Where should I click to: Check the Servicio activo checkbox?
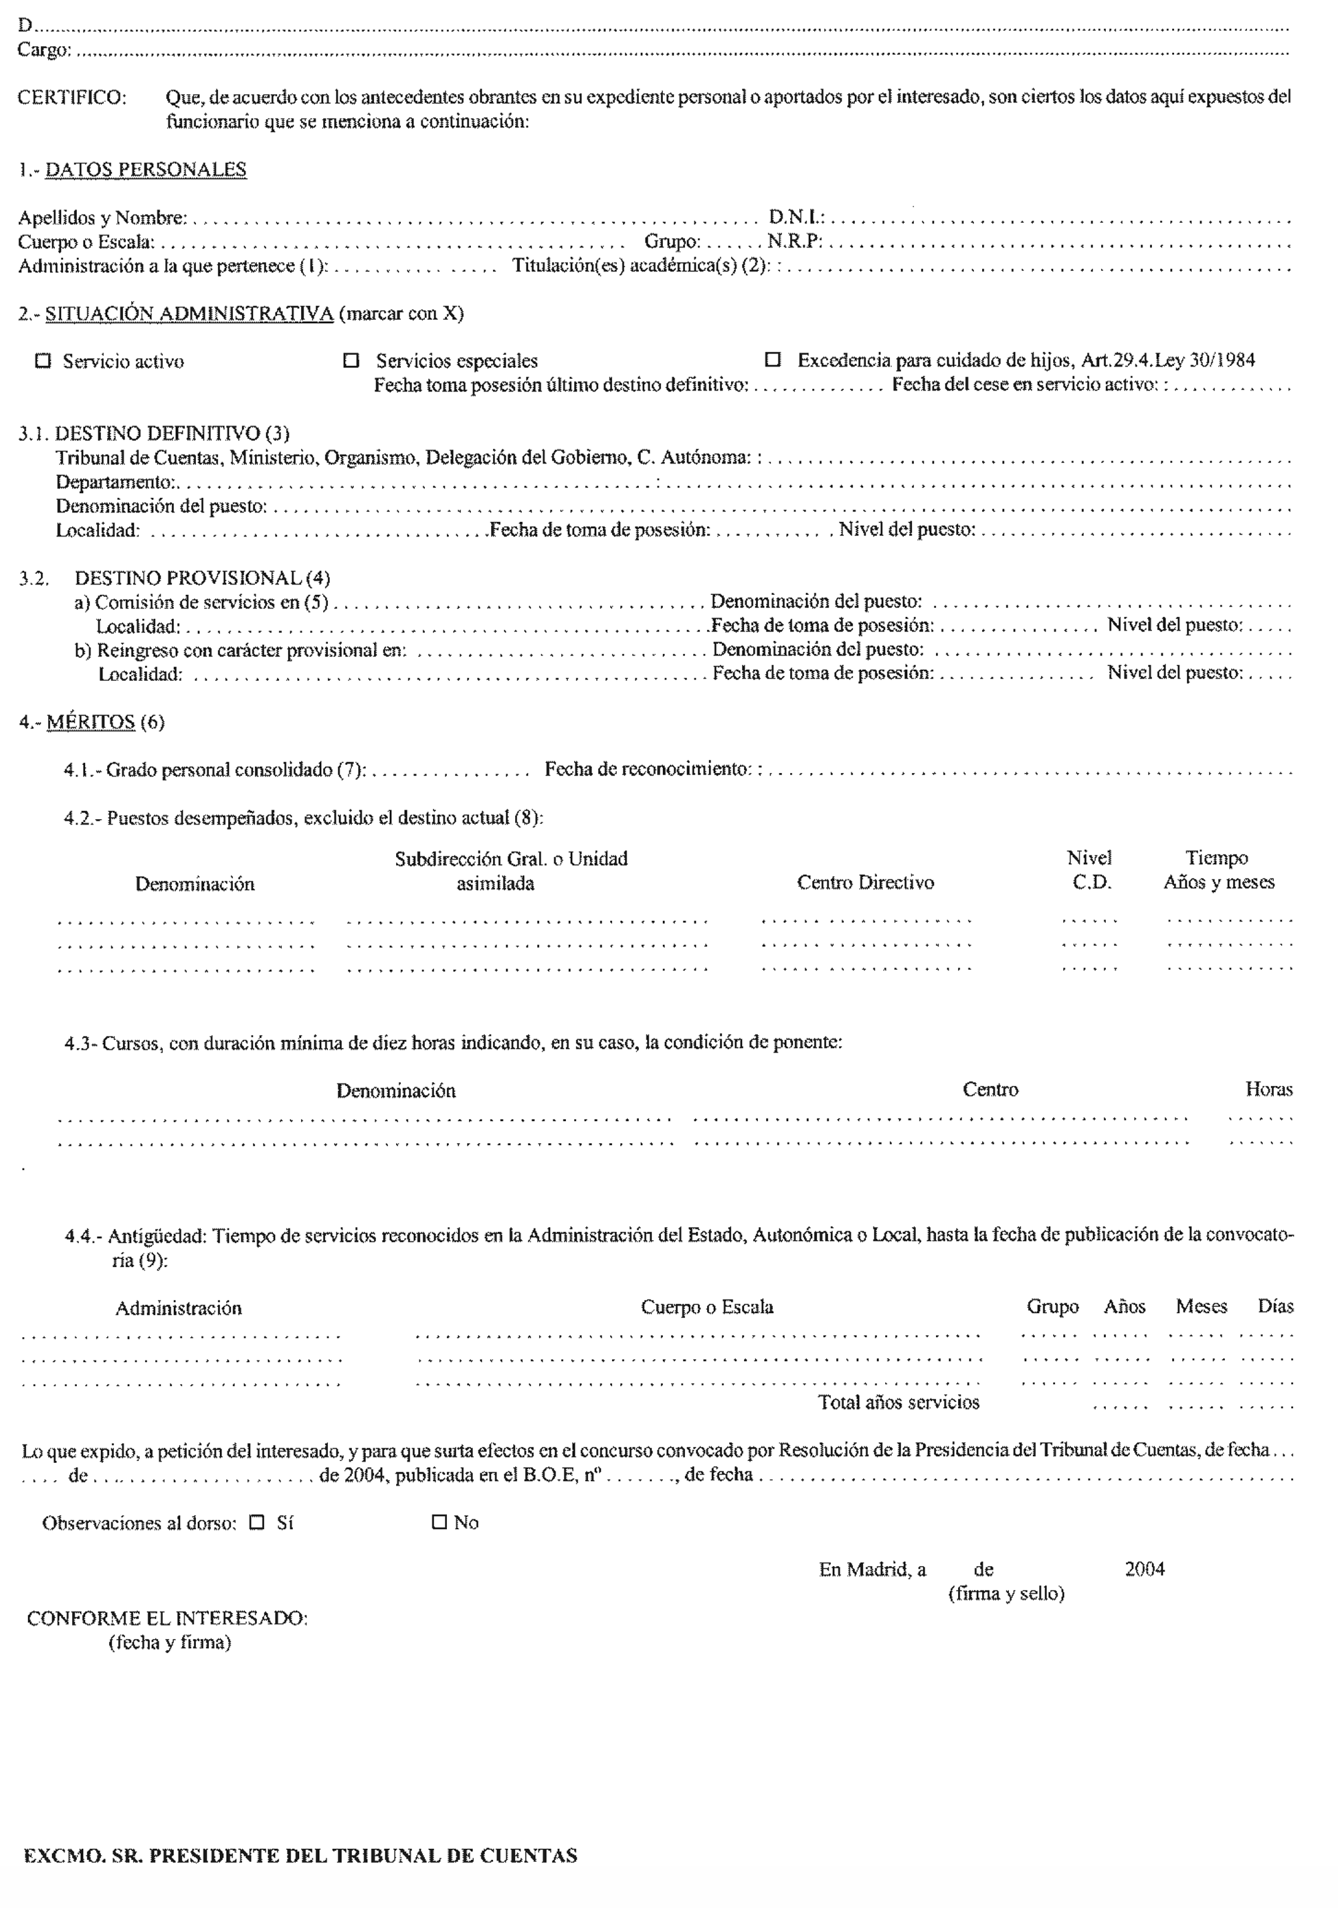tap(43, 361)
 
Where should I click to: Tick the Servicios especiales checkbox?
tap(351, 361)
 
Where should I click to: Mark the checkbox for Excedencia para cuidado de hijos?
tap(773, 360)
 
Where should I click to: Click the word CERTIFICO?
tap(72, 97)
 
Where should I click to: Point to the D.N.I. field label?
tap(795, 218)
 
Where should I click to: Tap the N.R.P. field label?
tap(794, 242)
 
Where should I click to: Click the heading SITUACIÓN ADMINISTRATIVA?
tap(189, 314)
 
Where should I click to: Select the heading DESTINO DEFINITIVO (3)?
tap(172, 433)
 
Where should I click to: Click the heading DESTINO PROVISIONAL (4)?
tap(202, 578)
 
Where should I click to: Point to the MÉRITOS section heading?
tap(90, 721)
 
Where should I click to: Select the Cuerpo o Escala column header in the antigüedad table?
tap(706, 1307)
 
